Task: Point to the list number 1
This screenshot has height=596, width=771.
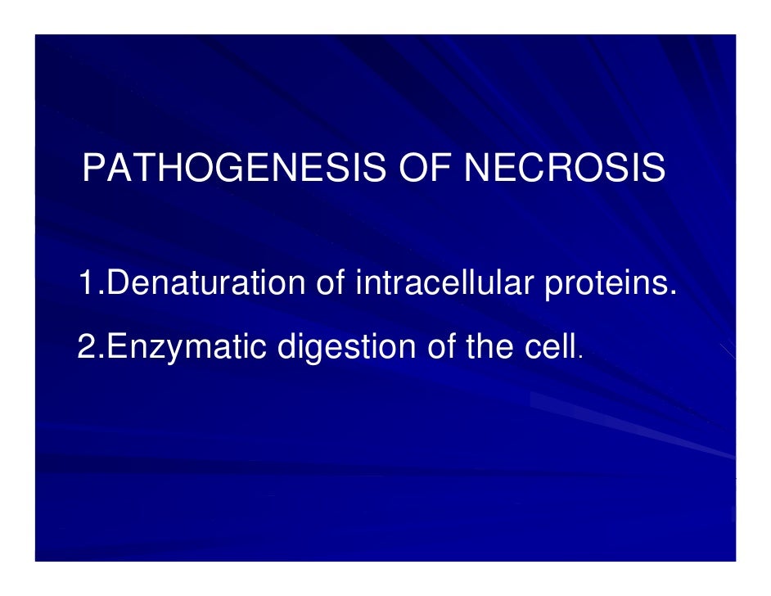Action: (88, 284)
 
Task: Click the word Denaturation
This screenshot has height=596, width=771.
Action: (207, 284)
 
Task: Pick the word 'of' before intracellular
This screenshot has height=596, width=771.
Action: (331, 284)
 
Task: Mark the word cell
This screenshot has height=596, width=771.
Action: (552, 348)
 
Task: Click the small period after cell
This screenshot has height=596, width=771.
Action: (581, 359)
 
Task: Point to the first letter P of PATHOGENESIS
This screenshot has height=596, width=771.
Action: (93, 169)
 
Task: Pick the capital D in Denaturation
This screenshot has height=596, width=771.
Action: (119, 284)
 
